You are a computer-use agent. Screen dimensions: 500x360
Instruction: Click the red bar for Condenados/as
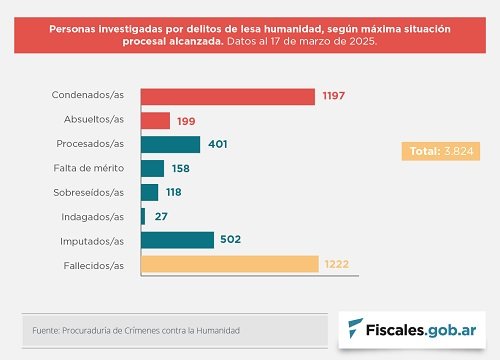pos(228,97)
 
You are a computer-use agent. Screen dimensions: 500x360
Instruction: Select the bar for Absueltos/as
pos(155,121)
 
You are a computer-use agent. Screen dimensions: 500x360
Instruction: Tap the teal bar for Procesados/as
pos(170,145)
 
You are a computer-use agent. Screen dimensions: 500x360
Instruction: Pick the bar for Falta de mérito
pos(152,169)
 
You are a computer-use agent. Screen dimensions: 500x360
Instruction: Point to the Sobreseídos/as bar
pos(149,193)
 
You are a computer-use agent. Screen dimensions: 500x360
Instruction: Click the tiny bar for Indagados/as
pos(143,217)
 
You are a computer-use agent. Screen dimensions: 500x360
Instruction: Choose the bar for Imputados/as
pos(177,240)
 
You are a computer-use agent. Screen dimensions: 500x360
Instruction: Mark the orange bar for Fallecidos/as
pos(230,264)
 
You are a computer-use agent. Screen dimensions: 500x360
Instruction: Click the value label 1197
pos(334,96)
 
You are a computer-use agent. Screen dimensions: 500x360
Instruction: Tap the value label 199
pos(186,121)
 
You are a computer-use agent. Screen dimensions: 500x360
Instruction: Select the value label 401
pos(218,144)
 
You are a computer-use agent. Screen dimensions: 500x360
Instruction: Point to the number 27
pos(161,217)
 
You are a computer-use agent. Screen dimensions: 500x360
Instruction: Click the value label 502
pos(231,239)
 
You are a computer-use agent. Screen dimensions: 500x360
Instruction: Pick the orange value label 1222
pos(337,264)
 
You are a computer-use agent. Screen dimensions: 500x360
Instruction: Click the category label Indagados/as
pos(93,217)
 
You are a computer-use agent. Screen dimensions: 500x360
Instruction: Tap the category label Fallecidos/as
pos(94,266)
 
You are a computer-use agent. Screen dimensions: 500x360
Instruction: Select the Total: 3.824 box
pos(441,151)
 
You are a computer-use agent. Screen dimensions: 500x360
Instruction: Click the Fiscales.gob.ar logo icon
pos(355,328)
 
